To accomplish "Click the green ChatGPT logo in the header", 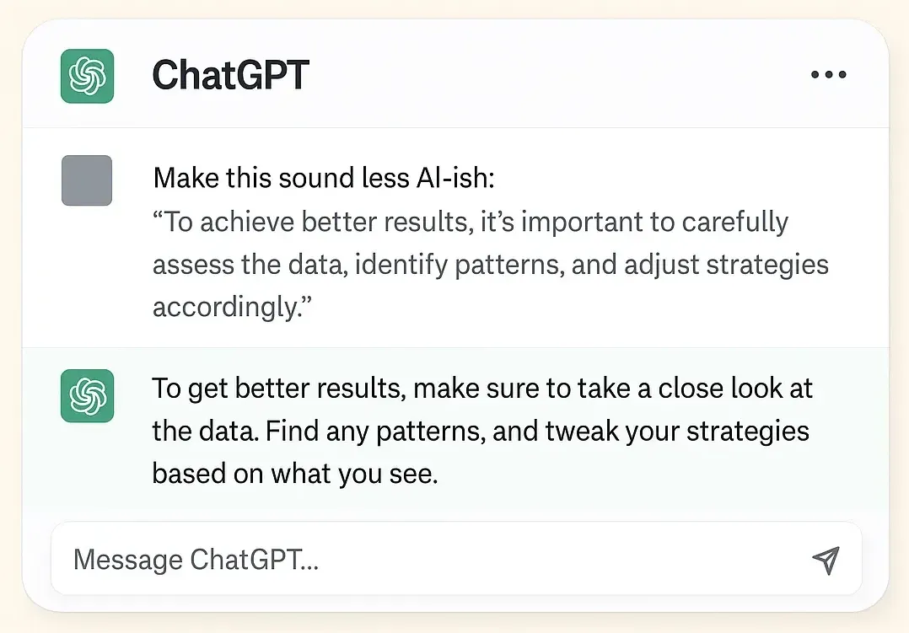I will [x=87, y=75].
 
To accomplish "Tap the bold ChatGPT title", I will [x=230, y=75].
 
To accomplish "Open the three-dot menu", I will [x=827, y=75].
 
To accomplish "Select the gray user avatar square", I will [x=87, y=180].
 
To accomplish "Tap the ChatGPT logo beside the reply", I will [x=87, y=396].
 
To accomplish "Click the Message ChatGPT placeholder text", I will [x=196, y=560].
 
